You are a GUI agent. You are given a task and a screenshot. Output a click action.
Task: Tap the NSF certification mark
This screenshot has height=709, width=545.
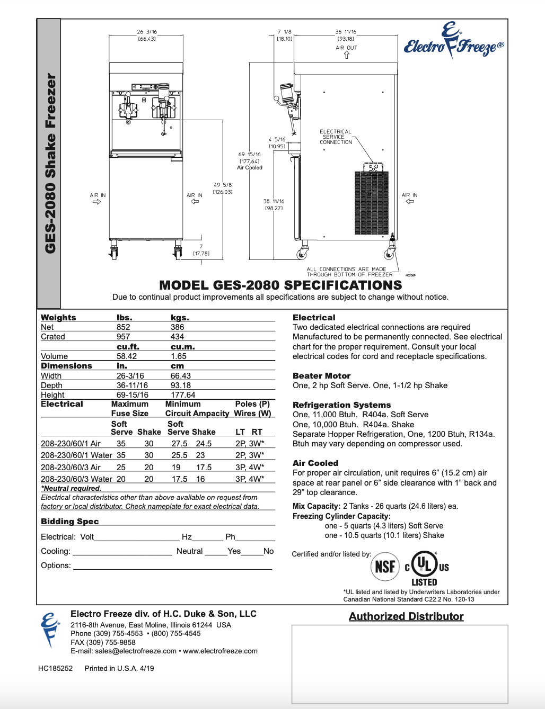(x=385, y=567)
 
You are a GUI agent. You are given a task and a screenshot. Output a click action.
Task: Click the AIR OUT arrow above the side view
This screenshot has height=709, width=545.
(x=347, y=55)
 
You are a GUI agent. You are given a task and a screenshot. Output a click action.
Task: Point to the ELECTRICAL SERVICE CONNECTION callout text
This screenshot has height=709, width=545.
(x=336, y=137)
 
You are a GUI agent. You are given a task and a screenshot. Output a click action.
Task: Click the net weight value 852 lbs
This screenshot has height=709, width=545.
(x=124, y=327)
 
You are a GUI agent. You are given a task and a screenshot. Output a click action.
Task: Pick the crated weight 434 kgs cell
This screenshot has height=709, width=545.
(x=177, y=337)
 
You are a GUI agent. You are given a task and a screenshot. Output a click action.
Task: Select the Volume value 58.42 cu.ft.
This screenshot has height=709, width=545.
(x=127, y=356)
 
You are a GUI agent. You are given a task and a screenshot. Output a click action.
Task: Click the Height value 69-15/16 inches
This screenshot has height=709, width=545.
(x=132, y=395)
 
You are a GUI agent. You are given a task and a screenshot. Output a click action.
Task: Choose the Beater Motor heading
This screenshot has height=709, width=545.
(x=321, y=376)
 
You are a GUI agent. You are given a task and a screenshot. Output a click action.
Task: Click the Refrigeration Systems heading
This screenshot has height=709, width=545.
(x=341, y=405)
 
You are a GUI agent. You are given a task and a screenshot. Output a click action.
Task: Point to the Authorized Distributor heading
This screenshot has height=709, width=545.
(x=406, y=616)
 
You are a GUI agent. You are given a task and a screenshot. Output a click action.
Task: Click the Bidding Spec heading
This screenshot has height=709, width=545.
(x=70, y=522)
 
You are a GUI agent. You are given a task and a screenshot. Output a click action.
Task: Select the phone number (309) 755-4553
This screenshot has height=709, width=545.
(x=118, y=633)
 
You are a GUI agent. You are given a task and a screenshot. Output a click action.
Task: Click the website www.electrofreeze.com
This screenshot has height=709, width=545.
(x=220, y=651)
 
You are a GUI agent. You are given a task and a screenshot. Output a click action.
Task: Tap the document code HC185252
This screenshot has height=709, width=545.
(x=55, y=668)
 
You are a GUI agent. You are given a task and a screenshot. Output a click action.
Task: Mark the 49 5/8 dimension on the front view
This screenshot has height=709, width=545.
(x=223, y=188)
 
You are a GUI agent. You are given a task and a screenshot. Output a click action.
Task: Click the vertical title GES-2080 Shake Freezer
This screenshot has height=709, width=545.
(x=50, y=163)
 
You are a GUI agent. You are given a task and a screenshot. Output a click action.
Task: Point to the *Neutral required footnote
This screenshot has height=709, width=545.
(x=71, y=488)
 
